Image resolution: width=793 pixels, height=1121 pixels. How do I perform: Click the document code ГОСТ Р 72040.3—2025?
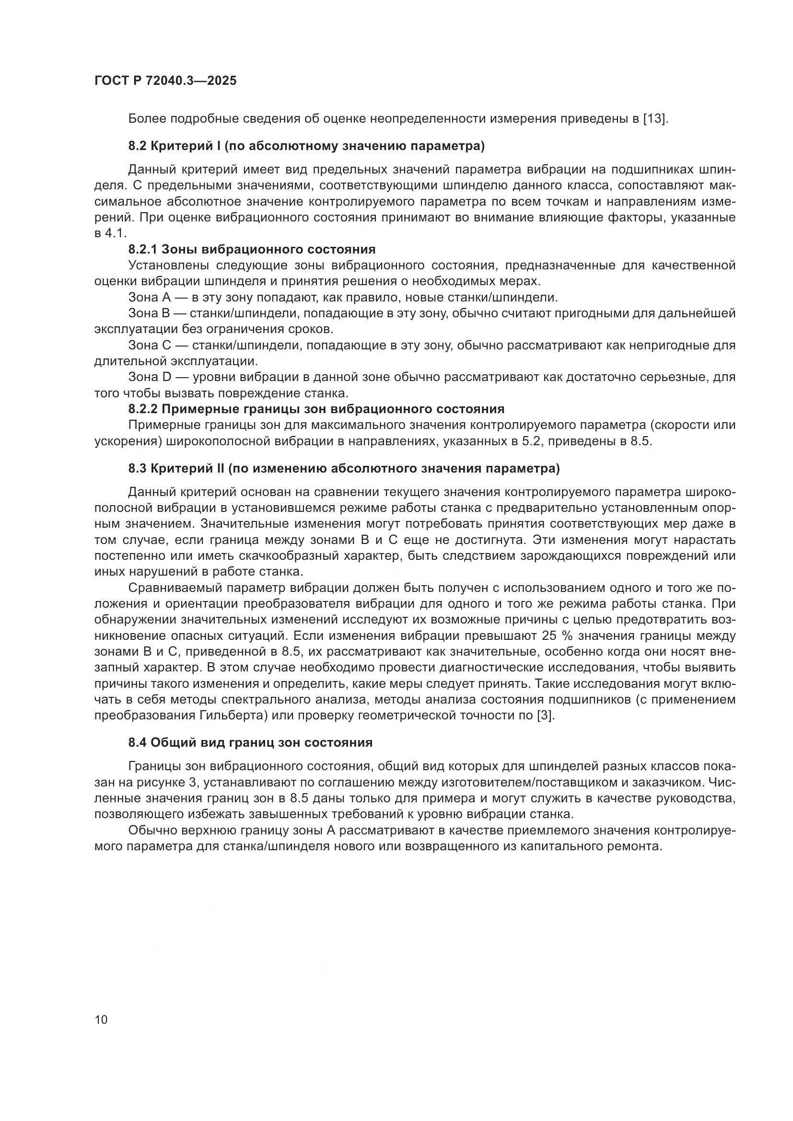pyautogui.click(x=165, y=81)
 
